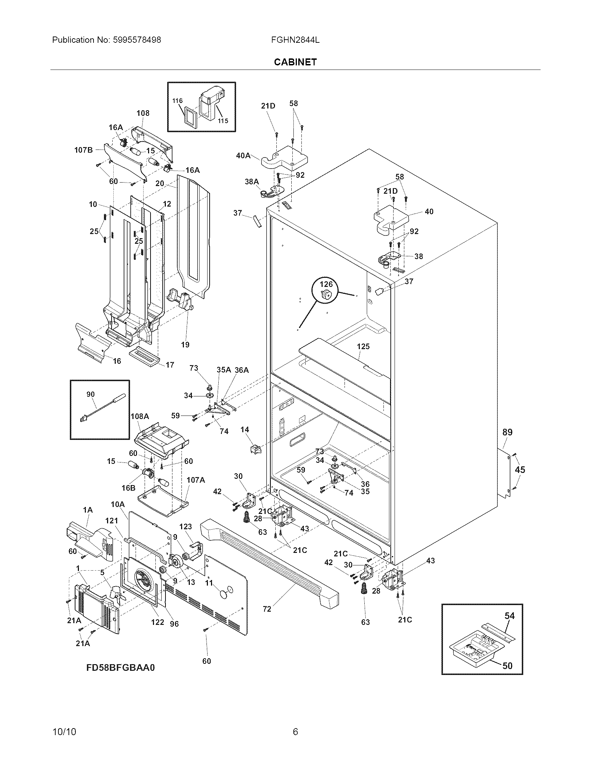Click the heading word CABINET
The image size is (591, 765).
click(x=295, y=62)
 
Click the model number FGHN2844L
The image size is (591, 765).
click(x=295, y=40)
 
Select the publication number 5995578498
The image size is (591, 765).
click(x=137, y=40)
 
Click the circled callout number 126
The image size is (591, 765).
click(x=326, y=284)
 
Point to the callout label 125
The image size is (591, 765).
click(x=363, y=346)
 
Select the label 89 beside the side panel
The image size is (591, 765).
click(x=507, y=432)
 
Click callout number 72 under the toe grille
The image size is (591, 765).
click(x=267, y=609)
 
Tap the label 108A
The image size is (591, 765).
click(x=140, y=416)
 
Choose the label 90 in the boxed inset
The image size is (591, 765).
click(x=90, y=394)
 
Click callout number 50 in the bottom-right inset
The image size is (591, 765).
click(x=507, y=666)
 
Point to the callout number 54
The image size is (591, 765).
click(x=509, y=615)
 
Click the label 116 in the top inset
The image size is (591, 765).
click(x=178, y=101)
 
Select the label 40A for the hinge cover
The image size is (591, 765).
click(x=243, y=155)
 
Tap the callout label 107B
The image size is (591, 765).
click(x=83, y=150)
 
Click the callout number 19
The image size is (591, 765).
click(x=185, y=345)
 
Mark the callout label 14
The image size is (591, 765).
click(x=245, y=429)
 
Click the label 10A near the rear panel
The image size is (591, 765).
click(x=118, y=504)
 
